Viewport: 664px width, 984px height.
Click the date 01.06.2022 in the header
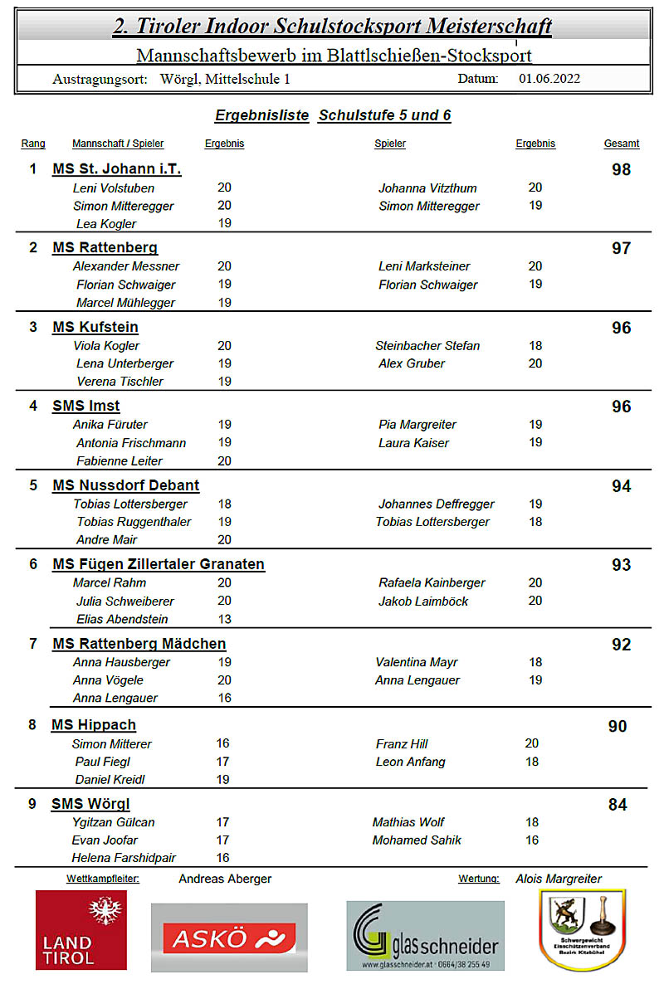pos(549,80)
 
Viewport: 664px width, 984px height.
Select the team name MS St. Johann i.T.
pos(116,169)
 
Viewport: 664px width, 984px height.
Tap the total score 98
pos(621,170)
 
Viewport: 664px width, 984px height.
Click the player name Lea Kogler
pos(106,224)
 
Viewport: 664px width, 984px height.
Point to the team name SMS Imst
pos(85,407)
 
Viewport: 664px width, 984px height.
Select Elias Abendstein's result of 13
pos(224,619)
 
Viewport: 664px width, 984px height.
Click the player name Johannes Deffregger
pos(436,504)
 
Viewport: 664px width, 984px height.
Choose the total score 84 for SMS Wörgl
pos(618,805)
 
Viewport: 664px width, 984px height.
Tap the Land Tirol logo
pos(81,929)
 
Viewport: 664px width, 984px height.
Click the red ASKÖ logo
pos(229,938)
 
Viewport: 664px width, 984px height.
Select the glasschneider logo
pos(425,936)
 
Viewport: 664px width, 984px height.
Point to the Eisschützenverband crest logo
pos(582,929)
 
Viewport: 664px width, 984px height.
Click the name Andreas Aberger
pos(225,879)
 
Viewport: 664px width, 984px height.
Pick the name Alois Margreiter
pos(559,879)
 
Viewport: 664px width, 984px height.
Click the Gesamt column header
pos(621,144)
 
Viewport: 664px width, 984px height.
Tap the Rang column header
pos(33,144)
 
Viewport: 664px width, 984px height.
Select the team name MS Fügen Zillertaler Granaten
pos(158,565)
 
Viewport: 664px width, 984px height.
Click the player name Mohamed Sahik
pos(417,840)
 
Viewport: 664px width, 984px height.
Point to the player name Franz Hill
pos(402,744)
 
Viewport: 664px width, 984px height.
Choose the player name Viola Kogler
pos(106,346)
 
